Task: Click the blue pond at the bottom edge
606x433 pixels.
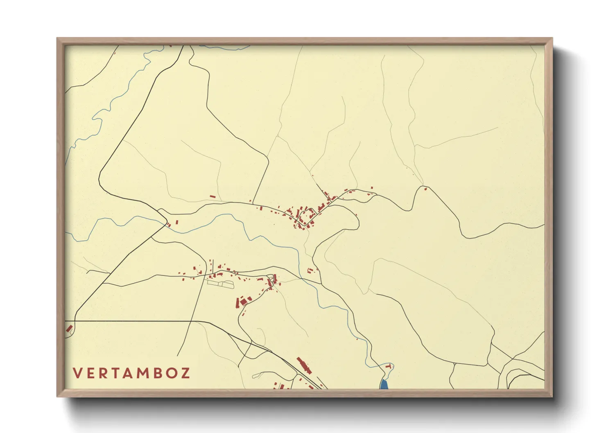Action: (384, 384)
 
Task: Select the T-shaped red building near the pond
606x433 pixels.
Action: (388, 367)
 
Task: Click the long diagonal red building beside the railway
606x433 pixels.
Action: (304, 365)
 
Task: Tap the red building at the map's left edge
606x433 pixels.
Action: (69, 328)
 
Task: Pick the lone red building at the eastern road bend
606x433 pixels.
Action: (425, 189)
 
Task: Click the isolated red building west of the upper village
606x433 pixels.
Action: (213, 197)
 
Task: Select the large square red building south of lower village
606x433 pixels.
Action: (244, 301)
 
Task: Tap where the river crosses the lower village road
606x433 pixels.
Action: (302, 278)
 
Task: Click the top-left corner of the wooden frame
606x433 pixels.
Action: (57, 38)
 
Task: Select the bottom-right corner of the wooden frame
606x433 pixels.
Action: (552, 397)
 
